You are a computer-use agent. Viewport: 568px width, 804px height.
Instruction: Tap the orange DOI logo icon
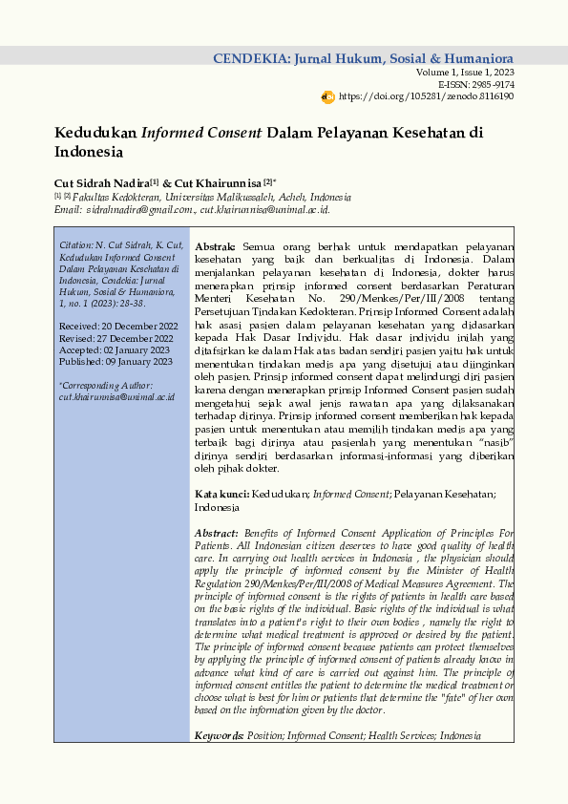click(328, 96)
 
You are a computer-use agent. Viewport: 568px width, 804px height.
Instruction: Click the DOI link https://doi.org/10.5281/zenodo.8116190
click(426, 96)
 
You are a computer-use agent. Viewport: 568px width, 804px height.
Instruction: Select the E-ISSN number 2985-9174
click(491, 85)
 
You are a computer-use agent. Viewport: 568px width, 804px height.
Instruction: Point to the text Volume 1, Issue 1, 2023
click(465, 73)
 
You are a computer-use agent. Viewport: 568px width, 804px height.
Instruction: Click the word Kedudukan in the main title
click(95, 133)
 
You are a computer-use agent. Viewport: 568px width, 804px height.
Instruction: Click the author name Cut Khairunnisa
click(219, 182)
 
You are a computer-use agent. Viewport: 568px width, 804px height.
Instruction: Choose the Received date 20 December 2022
click(136, 327)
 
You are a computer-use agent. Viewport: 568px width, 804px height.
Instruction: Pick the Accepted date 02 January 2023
click(136, 349)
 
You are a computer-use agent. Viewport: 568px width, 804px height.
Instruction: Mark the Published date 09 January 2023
click(137, 361)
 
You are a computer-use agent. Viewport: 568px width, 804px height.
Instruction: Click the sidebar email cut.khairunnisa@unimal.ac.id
click(116, 395)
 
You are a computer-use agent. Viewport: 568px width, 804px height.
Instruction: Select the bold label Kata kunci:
click(221, 494)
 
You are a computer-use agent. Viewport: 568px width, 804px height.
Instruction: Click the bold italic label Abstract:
click(217, 533)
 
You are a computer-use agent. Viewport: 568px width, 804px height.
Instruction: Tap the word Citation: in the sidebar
click(75, 246)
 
